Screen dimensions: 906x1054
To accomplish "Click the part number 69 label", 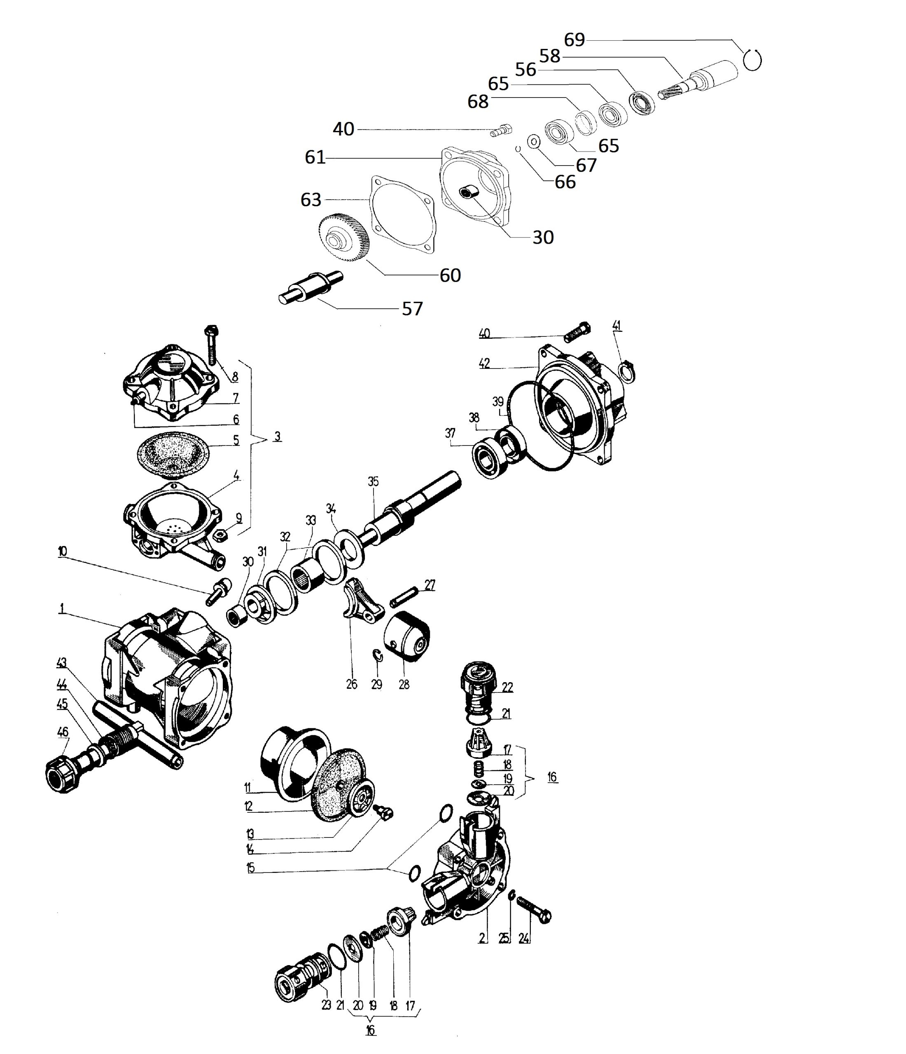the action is point(574,40).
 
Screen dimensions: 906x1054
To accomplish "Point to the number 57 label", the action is point(412,309).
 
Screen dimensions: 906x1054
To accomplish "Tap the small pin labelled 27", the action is point(404,596).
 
